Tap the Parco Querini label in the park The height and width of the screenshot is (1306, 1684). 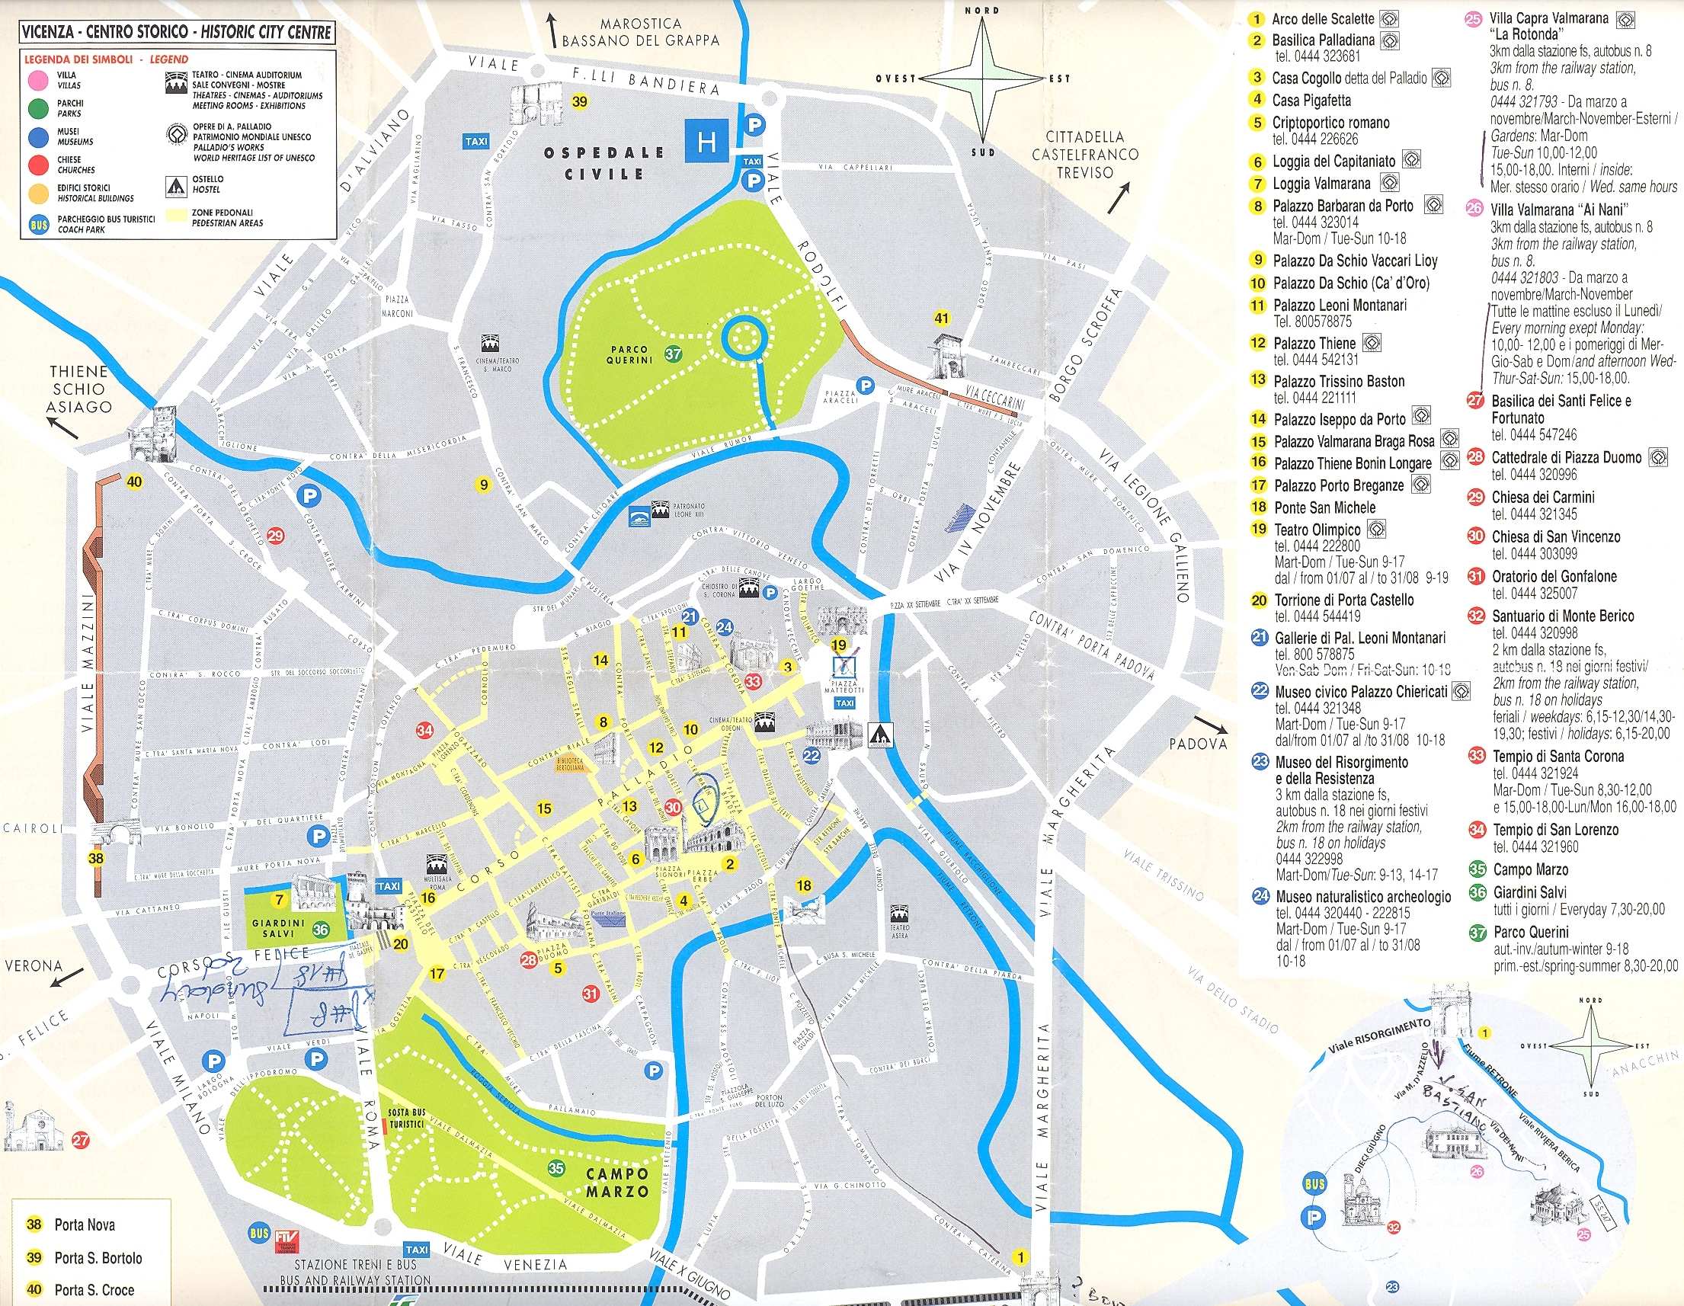click(629, 354)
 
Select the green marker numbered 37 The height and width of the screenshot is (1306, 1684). click(674, 354)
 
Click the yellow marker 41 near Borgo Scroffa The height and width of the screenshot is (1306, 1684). click(942, 318)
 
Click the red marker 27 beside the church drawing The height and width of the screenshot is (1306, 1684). click(79, 1140)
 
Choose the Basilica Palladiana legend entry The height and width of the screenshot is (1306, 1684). click(1323, 40)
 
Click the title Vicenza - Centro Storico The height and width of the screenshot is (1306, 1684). click(177, 32)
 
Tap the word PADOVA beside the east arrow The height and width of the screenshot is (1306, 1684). click(1196, 744)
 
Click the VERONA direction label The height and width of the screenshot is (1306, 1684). click(34, 966)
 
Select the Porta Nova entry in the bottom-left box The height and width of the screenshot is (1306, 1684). click(84, 1224)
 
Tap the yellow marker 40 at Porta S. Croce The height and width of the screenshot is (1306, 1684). click(134, 482)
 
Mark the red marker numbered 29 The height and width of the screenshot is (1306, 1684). click(274, 536)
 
